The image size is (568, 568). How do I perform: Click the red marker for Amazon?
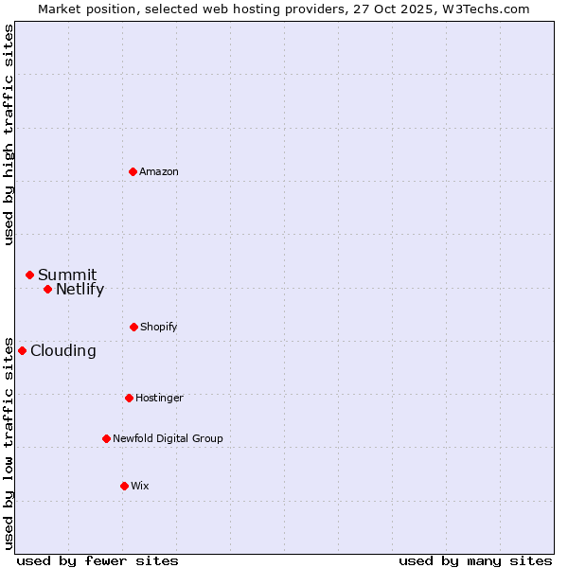133,171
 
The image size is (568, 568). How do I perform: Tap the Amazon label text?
159,171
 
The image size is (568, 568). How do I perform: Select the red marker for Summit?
29,275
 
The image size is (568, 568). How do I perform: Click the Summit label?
67,275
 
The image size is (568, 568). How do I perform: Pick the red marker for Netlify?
47,289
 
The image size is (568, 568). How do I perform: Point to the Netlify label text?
80,290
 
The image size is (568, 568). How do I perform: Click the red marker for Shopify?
133,327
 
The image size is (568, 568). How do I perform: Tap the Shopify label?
159,327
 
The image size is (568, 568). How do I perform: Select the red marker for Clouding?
22,350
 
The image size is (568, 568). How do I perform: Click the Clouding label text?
63,351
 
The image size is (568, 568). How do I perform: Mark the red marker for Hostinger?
129,398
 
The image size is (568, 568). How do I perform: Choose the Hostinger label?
159,398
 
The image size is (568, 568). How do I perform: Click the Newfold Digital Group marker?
106,438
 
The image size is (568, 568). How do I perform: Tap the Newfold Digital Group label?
168,438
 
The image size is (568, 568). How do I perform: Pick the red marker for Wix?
124,486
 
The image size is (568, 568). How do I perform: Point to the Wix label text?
140,486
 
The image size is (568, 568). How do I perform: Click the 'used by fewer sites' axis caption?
98,560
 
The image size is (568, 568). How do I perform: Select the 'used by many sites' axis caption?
475,560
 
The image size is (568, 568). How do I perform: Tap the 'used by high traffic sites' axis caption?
9,133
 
